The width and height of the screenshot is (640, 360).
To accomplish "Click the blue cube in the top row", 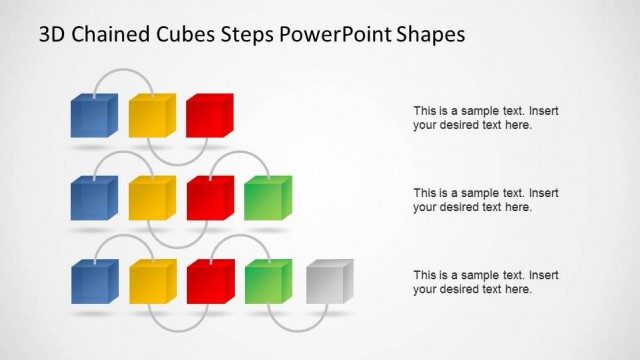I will [94, 115].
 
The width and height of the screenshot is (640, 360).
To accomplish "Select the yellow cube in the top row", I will [152, 115].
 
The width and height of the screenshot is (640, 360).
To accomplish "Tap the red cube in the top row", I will [209, 115].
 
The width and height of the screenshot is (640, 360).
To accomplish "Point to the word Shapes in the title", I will [431, 35].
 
